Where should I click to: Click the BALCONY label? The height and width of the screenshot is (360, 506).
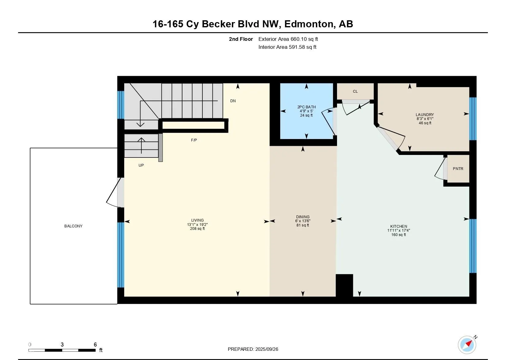click(73, 226)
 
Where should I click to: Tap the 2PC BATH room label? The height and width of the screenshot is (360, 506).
click(307, 107)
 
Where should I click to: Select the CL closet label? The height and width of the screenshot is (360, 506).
click(355, 91)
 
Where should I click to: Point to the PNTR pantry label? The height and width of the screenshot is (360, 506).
click(458, 169)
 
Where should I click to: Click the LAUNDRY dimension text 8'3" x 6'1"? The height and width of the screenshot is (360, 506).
click(425, 119)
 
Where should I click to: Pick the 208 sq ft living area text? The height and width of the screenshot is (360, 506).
click(197, 229)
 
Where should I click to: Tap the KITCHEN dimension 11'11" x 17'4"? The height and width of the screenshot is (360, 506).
click(399, 230)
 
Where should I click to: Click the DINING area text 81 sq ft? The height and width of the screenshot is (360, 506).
click(303, 225)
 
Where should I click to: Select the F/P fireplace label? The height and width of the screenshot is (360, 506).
click(194, 140)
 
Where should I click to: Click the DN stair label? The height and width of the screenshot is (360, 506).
click(233, 101)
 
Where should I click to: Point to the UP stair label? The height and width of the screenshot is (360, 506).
click(141, 165)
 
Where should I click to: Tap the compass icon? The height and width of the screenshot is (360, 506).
click(467, 345)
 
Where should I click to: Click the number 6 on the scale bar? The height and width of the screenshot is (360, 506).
click(95, 344)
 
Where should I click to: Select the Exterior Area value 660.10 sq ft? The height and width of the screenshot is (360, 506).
click(304, 39)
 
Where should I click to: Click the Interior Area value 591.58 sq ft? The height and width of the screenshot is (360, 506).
click(303, 47)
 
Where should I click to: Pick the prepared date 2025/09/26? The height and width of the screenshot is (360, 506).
click(267, 349)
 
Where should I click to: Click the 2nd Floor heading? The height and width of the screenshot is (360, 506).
click(241, 39)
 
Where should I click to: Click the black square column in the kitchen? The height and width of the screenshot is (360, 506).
click(344, 285)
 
